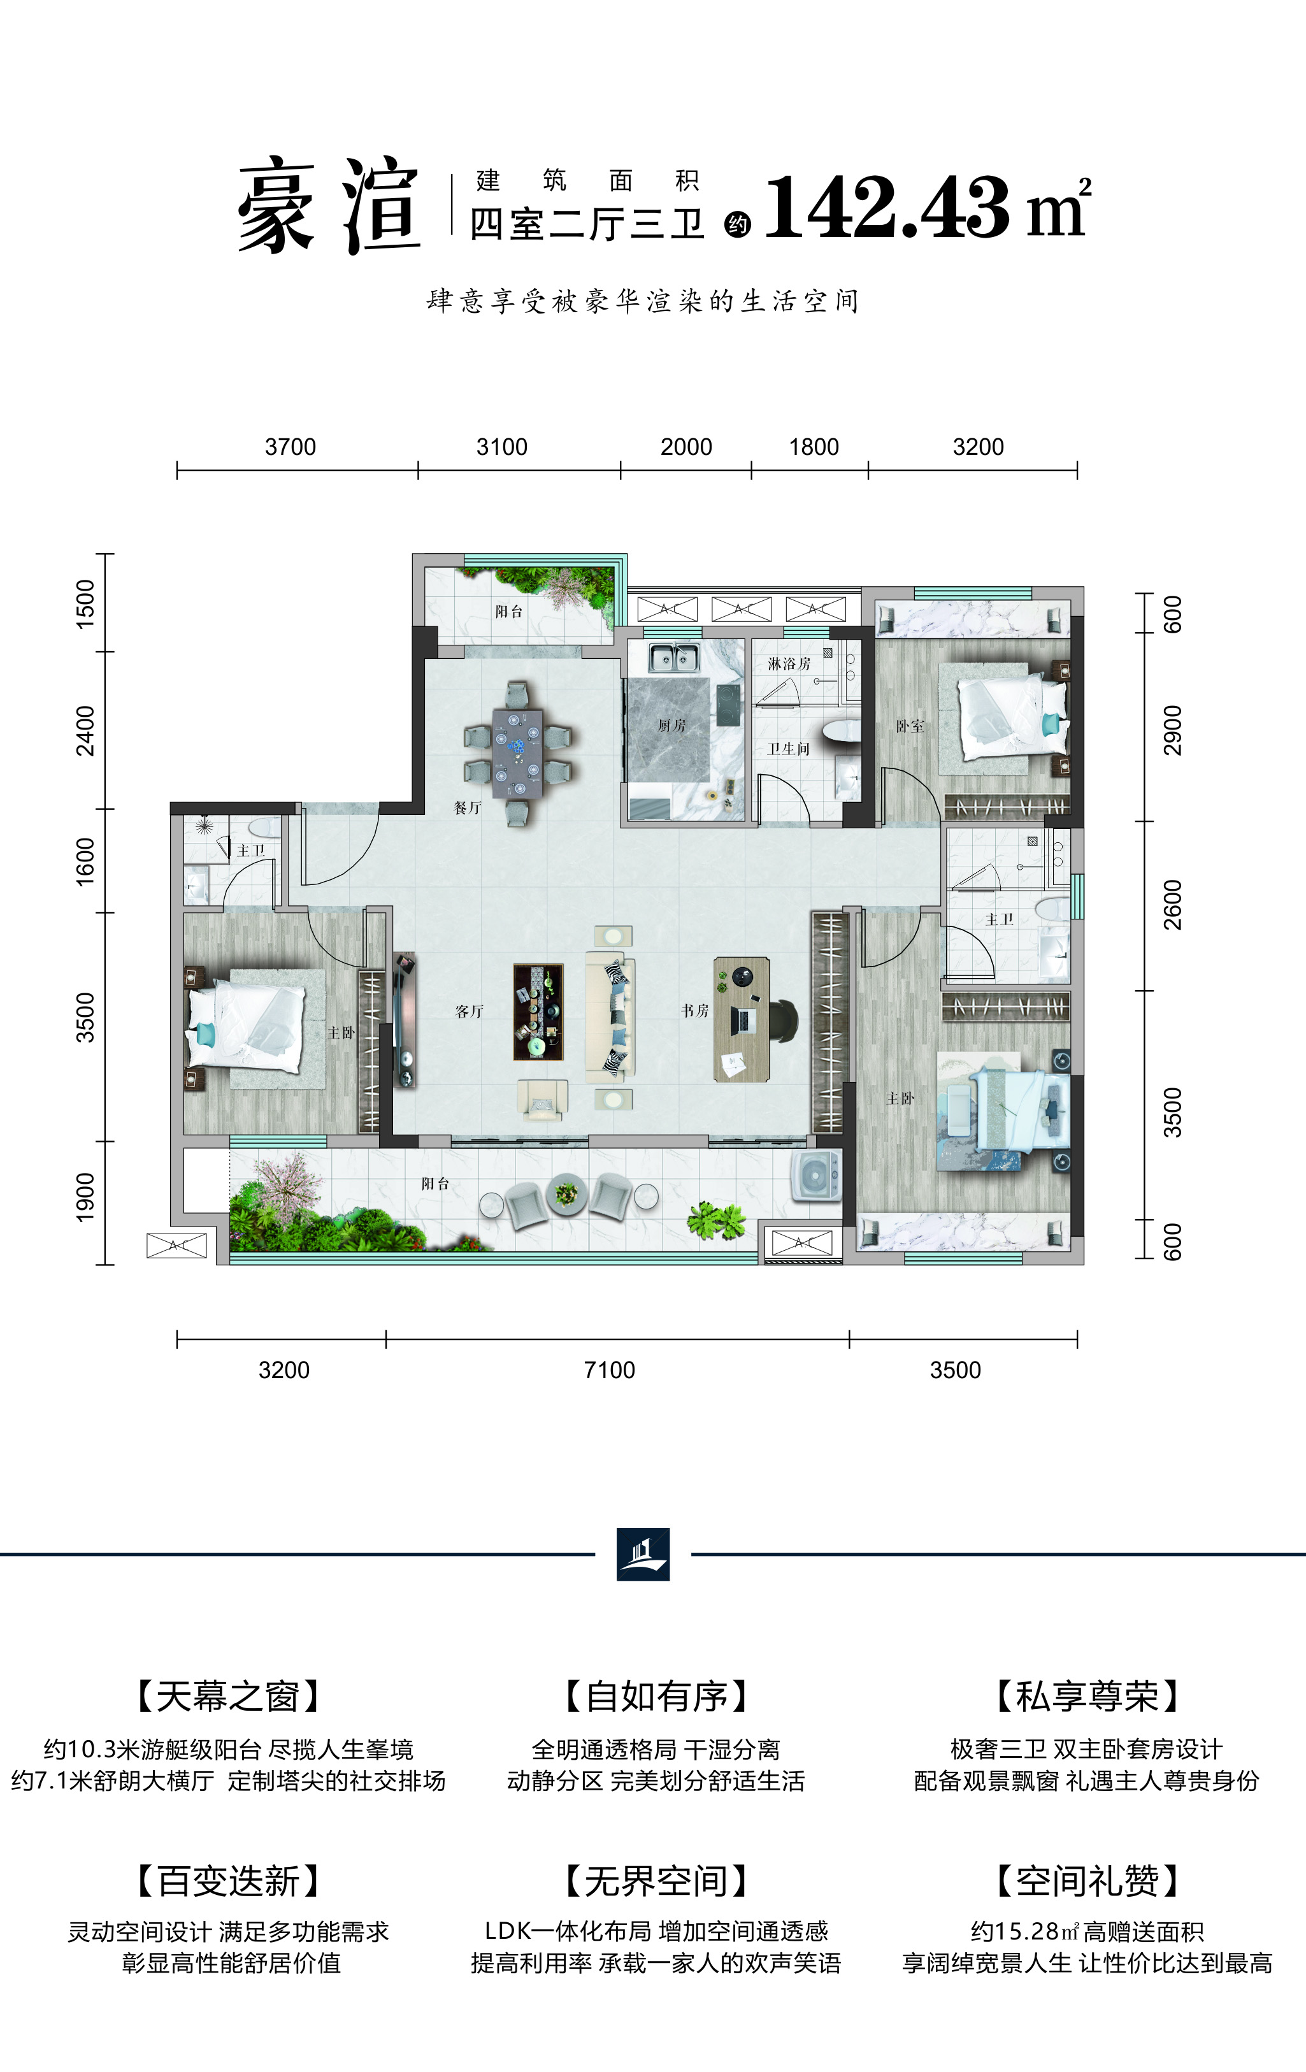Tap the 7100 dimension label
click(609, 1370)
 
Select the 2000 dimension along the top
click(685, 447)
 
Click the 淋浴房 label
click(789, 663)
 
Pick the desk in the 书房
click(741, 1019)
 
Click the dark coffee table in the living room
click(538, 1012)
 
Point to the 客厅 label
click(469, 1012)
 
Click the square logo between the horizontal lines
click(643, 1554)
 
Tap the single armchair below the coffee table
click(542, 1099)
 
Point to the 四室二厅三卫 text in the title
click(587, 224)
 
